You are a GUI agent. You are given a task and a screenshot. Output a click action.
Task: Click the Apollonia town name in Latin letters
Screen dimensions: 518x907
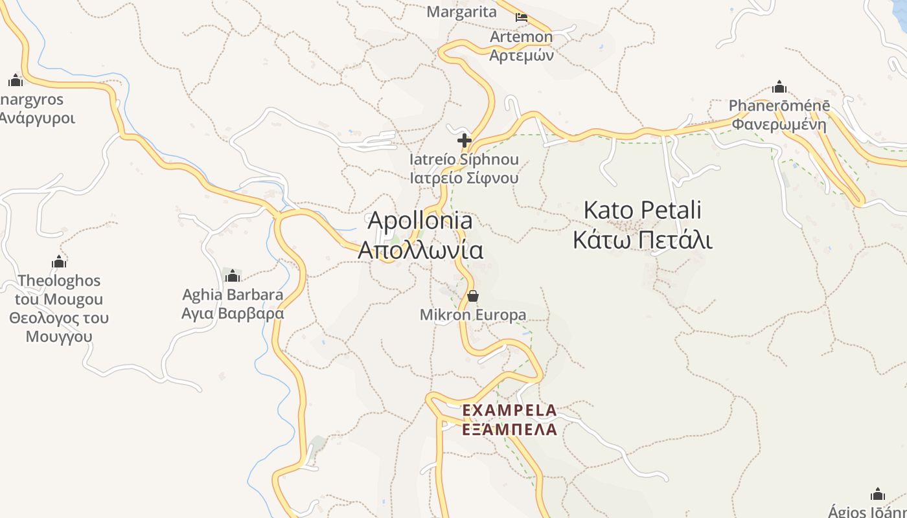420,221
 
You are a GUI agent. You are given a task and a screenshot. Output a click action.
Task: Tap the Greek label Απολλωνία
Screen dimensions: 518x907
420,250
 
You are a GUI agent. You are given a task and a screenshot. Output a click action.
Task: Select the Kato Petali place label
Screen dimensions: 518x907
642,210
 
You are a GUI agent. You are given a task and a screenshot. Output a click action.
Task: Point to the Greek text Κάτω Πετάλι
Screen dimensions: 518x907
642,240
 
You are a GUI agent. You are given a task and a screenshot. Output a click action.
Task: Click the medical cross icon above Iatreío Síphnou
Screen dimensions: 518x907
464,140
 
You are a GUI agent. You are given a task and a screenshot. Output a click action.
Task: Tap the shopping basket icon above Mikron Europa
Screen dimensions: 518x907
473,297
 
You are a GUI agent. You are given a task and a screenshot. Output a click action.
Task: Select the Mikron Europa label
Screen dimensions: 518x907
473,315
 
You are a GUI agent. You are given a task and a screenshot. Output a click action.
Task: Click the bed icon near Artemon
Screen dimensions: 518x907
522,17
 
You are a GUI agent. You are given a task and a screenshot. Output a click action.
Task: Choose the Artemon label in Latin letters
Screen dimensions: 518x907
521,37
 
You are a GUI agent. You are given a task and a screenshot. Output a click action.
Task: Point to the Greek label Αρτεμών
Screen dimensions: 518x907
521,55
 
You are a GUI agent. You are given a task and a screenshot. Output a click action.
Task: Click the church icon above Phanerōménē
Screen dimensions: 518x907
779,87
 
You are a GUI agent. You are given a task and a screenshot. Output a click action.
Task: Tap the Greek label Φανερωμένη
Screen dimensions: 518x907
779,124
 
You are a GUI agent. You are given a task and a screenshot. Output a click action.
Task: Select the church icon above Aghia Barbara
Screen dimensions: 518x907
233,276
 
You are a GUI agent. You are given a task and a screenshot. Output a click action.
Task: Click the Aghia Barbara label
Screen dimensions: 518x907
233,295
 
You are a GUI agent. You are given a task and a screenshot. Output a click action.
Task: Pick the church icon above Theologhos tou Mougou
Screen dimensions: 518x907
59,262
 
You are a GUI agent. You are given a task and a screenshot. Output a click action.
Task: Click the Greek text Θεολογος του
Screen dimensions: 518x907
59,319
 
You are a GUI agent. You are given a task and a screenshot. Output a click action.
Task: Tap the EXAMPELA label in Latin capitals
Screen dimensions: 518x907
509,411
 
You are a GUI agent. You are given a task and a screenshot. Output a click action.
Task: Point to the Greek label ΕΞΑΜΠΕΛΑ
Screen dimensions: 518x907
509,429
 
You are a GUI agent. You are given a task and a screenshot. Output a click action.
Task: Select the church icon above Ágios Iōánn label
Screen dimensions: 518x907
878,495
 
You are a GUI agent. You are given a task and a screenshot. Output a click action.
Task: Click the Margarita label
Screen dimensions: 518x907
462,12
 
